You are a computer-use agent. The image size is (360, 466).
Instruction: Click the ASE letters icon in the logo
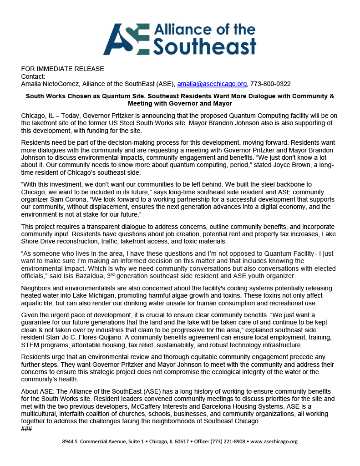[126, 39]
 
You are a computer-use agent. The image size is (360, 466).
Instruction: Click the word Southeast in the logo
[205, 46]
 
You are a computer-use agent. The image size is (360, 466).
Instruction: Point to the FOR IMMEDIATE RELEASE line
[62, 69]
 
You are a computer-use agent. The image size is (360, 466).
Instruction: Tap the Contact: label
[33, 76]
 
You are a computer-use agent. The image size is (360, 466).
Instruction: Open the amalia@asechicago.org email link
[212, 84]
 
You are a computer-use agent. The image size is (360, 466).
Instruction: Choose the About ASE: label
[36, 392]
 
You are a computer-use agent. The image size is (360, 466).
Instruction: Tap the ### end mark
[26, 429]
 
